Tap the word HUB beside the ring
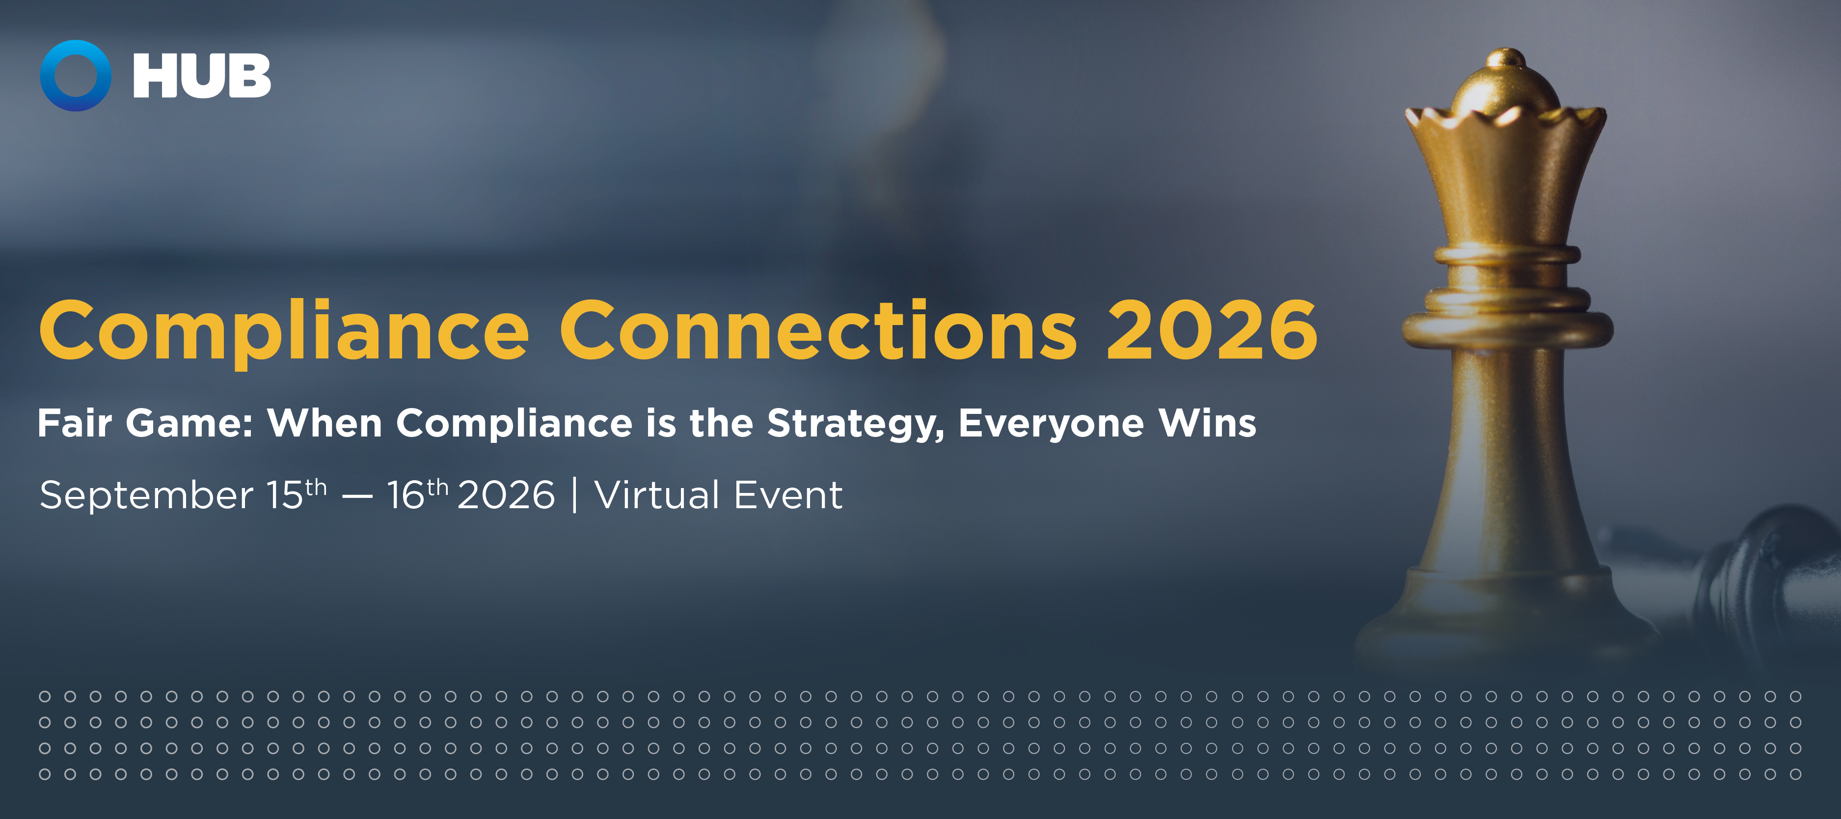coord(202,76)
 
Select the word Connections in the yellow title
coord(818,329)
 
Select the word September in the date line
coord(146,496)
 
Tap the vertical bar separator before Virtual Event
coord(574,495)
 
